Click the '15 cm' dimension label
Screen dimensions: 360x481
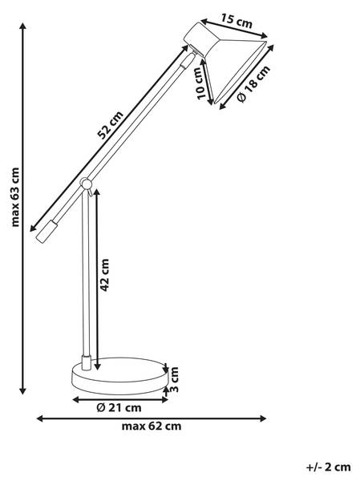coord(237,21)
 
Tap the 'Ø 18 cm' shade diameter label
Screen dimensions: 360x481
coord(254,83)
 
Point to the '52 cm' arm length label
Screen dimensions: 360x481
coord(111,124)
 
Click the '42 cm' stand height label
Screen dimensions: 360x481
coord(105,274)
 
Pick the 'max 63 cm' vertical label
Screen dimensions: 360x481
coord(15,197)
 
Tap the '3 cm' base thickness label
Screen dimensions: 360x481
coord(174,379)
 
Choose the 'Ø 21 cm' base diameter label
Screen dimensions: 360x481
coord(119,408)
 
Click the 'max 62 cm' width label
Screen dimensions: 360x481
coord(152,426)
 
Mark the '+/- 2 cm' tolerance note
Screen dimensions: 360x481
coord(329,467)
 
